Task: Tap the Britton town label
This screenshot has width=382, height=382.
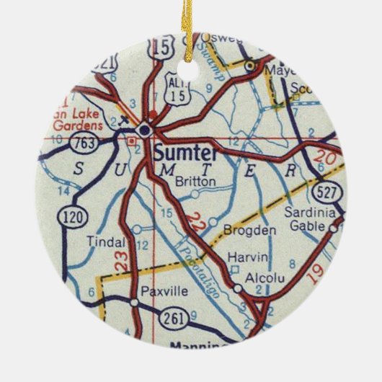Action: [x=195, y=182]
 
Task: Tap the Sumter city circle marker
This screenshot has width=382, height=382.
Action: [x=145, y=130]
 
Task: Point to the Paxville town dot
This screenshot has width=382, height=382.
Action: [x=135, y=303]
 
